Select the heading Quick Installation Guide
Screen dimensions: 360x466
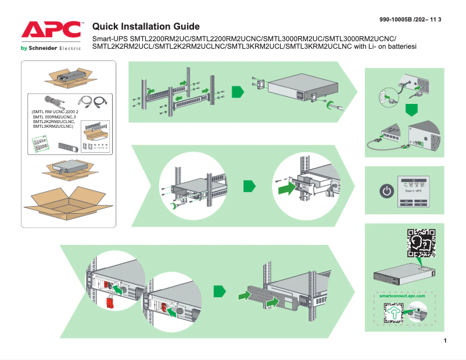(x=146, y=27)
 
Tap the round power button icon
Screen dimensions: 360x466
(x=386, y=190)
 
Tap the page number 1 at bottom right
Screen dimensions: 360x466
(x=445, y=341)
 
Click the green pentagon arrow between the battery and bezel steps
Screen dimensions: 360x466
(x=219, y=290)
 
